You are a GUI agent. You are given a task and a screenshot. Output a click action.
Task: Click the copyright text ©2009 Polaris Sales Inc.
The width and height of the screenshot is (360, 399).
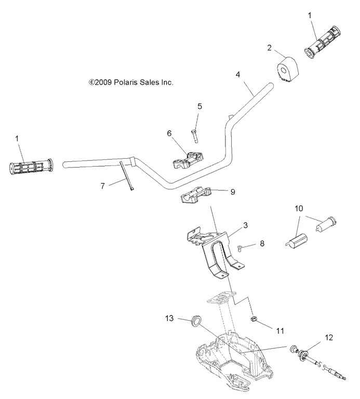click(131, 82)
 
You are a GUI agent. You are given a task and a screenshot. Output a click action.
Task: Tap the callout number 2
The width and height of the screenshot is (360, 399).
click(269, 48)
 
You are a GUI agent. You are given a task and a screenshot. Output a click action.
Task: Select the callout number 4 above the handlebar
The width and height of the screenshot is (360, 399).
click(237, 74)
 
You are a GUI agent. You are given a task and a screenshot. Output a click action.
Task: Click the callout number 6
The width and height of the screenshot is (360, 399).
click(169, 133)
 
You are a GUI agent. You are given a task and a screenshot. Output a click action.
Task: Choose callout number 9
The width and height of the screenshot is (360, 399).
click(233, 191)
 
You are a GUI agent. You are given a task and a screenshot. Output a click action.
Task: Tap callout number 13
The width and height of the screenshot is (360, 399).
click(168, 318)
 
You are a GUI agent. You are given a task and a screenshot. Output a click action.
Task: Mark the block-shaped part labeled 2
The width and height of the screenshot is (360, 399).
click(286, 70)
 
